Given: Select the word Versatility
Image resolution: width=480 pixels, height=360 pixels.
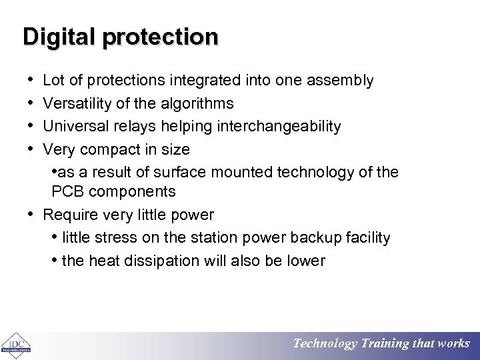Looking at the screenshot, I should coord(75,104).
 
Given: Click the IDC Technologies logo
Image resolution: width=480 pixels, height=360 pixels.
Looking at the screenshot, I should coord(15,344).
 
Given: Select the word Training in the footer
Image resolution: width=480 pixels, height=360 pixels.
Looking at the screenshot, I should coord(385,344).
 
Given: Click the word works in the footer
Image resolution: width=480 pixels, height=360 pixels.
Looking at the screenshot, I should coord(453,344).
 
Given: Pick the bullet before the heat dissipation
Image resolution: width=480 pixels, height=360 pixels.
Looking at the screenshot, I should coord(54,260).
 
